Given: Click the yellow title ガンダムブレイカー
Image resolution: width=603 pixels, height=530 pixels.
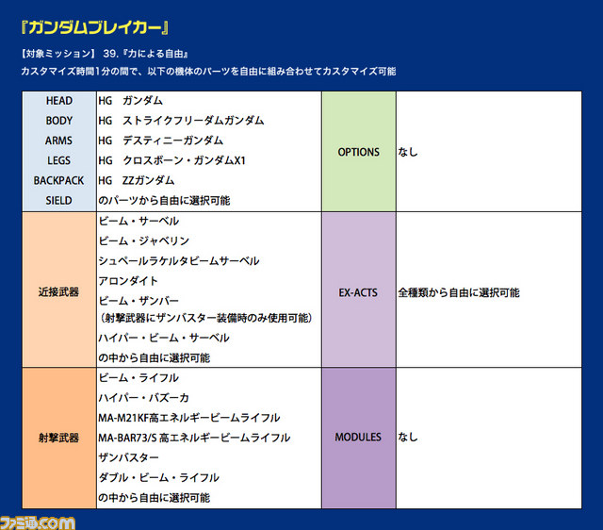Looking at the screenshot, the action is (94, 27).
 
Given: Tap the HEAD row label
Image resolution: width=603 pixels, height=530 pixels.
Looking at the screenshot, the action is (58, 101).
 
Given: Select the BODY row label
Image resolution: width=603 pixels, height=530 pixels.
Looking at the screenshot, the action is (58, 121).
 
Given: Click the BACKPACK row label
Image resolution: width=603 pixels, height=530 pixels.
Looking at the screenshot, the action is (58, 180).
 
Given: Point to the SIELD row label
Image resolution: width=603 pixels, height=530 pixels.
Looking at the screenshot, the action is (58, 201).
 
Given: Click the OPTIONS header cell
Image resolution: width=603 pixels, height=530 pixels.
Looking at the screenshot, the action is (358, 152).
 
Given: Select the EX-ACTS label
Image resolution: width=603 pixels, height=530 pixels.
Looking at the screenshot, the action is (358, 292).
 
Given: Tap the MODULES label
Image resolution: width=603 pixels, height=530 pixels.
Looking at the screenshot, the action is (358, 437).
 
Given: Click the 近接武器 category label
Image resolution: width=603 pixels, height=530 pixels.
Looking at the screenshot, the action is (58, 291).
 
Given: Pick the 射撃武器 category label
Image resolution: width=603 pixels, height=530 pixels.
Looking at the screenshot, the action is (58, 438).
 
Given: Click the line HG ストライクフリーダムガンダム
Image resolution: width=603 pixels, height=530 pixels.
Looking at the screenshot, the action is (181, 121).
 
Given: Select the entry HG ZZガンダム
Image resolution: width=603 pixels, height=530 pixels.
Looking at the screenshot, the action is (136, 180).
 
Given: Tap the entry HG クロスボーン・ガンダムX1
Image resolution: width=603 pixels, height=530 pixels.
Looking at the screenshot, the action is (171, 160).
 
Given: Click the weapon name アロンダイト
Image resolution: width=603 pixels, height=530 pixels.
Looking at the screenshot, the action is (128, 281).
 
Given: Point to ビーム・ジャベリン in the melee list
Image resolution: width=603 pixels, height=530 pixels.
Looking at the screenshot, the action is (144, 240).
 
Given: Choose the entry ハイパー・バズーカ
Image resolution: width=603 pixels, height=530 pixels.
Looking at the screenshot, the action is (143, 398).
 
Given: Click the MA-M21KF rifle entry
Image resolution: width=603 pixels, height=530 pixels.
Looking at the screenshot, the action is (189, 418).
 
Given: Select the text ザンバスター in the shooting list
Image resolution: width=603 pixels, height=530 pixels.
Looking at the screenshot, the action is (128, 457).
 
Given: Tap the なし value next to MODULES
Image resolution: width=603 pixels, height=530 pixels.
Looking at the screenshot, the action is (408, 437).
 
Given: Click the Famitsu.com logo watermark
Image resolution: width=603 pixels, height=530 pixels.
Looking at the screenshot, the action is (38, 522).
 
